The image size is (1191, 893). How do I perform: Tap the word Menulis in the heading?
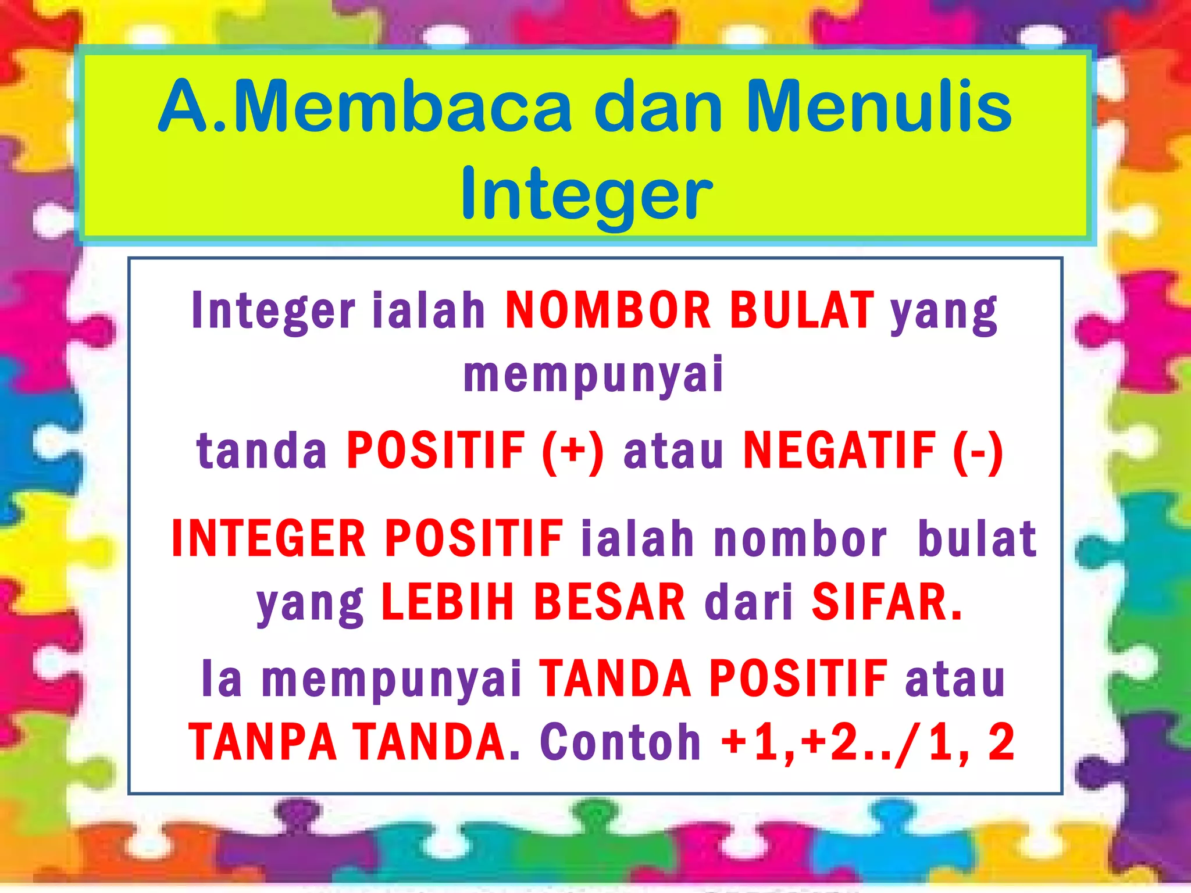879,108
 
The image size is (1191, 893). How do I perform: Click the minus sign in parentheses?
978,451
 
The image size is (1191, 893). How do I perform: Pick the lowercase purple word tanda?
262,451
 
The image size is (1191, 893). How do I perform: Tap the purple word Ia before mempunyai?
222,679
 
